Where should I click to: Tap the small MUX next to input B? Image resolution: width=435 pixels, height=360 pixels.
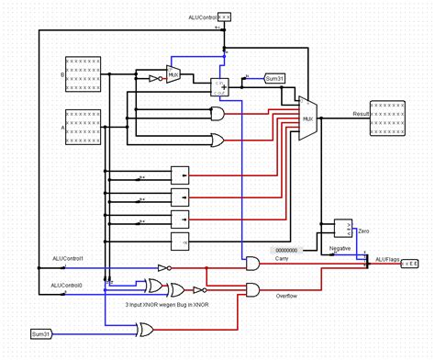[x=173, y=73]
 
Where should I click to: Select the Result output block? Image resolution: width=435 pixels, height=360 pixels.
[x=386, y=118]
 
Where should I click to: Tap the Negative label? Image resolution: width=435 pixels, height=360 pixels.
[x=340, y=249]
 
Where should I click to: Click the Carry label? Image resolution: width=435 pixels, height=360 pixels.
[x=283, y=260]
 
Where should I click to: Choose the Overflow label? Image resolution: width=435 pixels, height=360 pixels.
[x=288, y=296]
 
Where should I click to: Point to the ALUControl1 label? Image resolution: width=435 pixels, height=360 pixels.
[x=65, y=259]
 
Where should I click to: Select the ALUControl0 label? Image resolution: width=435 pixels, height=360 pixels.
[x=65, y=286]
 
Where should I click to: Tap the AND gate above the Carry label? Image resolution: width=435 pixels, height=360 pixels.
[x=251, y=264]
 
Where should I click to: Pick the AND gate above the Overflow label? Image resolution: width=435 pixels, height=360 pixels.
[x=251, y=290]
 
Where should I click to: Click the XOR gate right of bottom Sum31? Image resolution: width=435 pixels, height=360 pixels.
[x=144, y=329]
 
